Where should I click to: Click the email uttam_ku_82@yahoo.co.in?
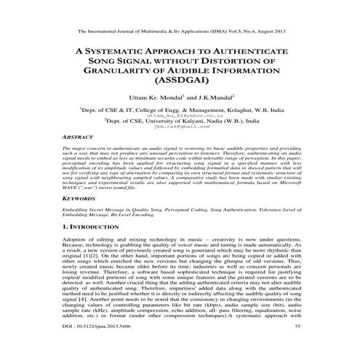pos(180,135)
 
